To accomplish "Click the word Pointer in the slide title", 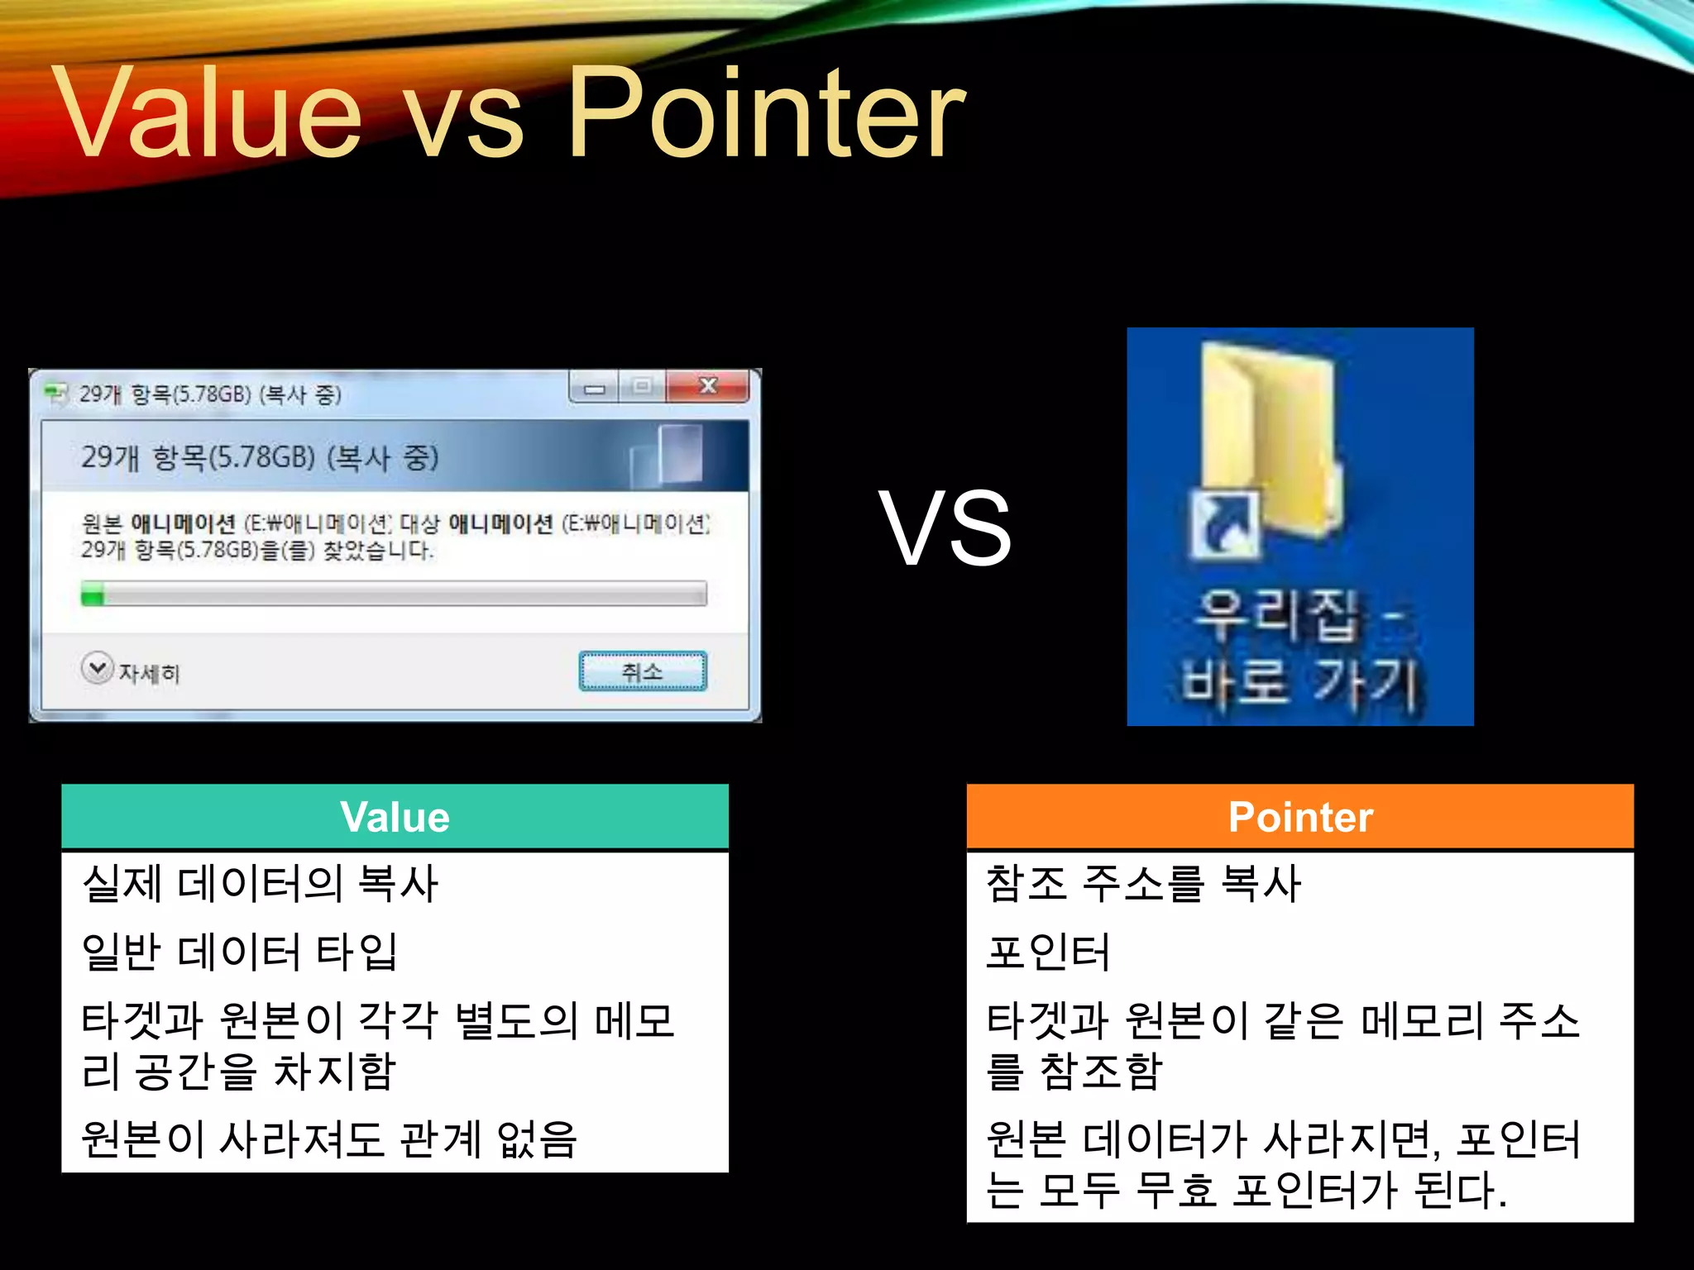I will (767, 113).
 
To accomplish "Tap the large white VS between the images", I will (945, 528).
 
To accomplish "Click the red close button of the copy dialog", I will (708, 386).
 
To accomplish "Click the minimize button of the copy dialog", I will (594, 388).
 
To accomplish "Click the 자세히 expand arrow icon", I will (98, 668).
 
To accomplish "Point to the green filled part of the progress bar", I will (93, 594).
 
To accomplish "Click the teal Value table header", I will (395, 817).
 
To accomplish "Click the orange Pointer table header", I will (1299, 817).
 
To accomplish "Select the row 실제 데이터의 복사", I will (260, 883).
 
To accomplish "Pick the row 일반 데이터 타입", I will (240, 952).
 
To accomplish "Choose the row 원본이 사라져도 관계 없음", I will (328, 1139).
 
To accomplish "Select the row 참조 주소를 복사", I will (1143, 883).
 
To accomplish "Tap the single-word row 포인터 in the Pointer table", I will (1047, 952).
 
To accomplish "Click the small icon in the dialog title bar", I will (56, 393).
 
